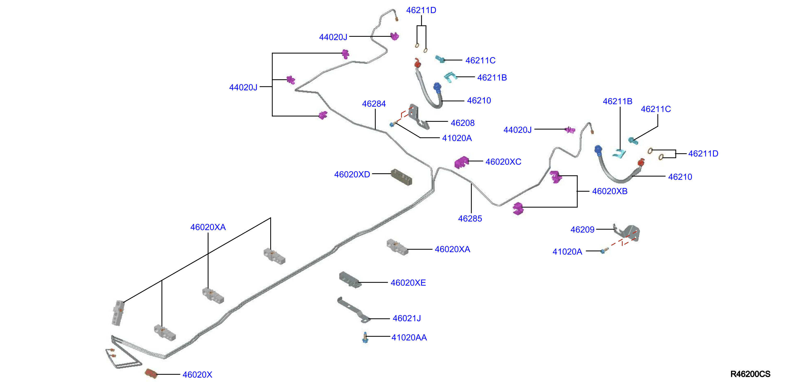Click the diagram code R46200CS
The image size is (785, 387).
pos(750,374)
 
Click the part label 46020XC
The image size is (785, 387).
pos(503,161)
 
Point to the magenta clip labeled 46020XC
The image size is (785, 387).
pos(461,162)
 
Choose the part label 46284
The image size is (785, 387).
pos(374,104)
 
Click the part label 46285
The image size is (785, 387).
pos(470,219)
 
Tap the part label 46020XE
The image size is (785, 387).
pos(408,282)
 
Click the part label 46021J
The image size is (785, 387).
pos(406,318)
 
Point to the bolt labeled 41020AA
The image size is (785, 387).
pos(365,338)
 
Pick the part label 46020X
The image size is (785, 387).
pos(197,374)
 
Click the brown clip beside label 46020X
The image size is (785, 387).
pos(151,373)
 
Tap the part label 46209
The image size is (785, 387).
pos(582,229)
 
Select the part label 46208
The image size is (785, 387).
pos(463,123)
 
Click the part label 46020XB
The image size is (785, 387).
pos(609,191)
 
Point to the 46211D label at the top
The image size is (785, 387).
pos(421,10)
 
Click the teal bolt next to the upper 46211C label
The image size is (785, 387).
pos(440,59)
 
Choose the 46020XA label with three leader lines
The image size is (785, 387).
pos(208,227)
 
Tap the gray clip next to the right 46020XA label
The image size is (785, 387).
pos(397,247)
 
